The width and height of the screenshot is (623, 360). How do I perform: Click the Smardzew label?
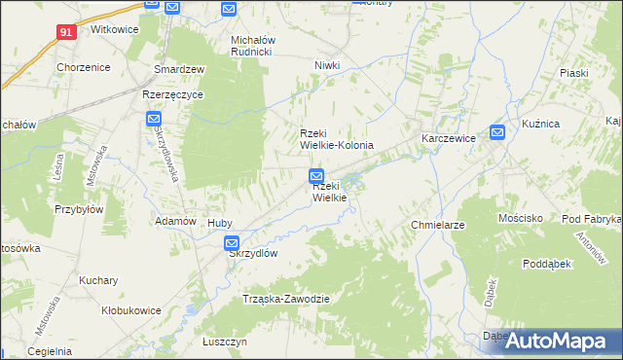179,69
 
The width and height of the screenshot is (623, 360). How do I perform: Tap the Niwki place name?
326,65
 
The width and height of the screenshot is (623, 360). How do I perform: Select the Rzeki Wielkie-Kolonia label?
336,139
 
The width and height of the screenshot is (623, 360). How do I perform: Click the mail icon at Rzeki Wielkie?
316,176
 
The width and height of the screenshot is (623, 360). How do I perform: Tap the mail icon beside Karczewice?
497,133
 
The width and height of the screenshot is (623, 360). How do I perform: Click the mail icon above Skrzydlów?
231,243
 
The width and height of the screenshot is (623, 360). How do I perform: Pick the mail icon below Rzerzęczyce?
154,120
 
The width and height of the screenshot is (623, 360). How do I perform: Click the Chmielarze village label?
434,225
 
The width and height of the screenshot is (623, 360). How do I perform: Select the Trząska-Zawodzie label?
287,299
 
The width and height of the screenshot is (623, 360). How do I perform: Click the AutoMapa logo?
556,341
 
